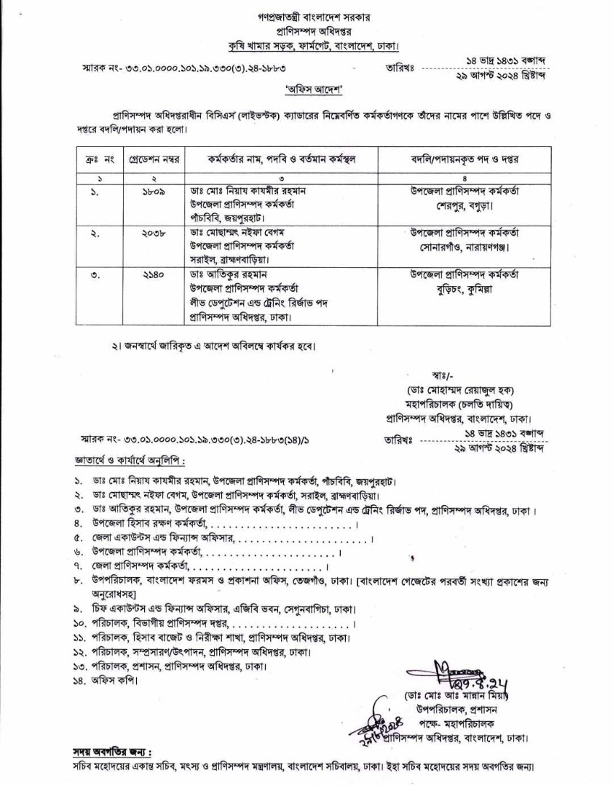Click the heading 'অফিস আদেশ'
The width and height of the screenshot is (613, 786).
tap(306, 90)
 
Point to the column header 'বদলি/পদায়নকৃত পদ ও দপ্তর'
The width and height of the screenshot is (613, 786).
tap(464, 158)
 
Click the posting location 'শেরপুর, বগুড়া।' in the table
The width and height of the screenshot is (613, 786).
tap(464, 205)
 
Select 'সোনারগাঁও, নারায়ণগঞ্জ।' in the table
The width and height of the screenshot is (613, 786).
tap(464, 247)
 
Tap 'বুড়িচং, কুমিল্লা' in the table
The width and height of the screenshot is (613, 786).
tap(464, 288)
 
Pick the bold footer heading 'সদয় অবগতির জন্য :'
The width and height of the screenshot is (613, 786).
tap(111, 752)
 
